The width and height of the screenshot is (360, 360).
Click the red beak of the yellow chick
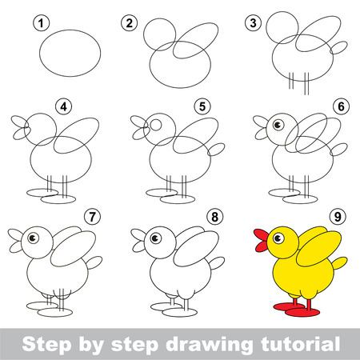click(x=260, y=238)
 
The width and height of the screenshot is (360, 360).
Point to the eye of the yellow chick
click(x=279, y=237)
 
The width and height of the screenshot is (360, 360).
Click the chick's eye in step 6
click(x=277, y=124)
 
